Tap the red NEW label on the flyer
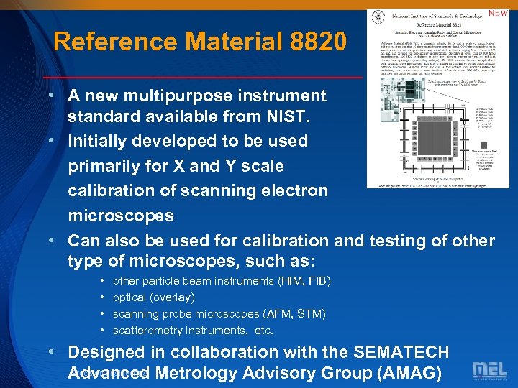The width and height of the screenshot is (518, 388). (498, 14)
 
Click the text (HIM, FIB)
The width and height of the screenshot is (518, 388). (304, 281)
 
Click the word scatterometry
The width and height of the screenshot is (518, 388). (147, 331)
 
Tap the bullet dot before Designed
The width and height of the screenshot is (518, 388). (53, 352)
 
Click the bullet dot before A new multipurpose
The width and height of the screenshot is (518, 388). (53, 96)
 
